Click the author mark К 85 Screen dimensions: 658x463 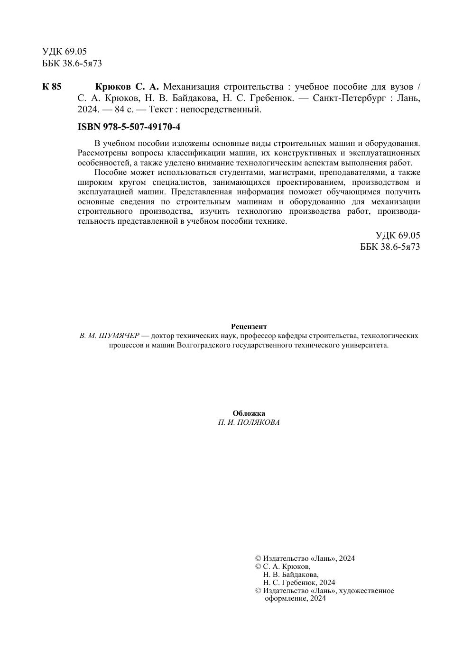(x=52, y=87)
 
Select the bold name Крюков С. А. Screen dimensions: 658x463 (x=127, y=87)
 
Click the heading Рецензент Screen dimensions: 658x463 (x=249, y=327)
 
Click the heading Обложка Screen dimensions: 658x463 (x=249, y=413)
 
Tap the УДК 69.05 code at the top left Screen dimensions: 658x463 (x=65, y=52)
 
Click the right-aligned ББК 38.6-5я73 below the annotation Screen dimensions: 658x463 (x=390, y=247)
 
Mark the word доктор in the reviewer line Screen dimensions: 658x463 (x=161, y=336)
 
